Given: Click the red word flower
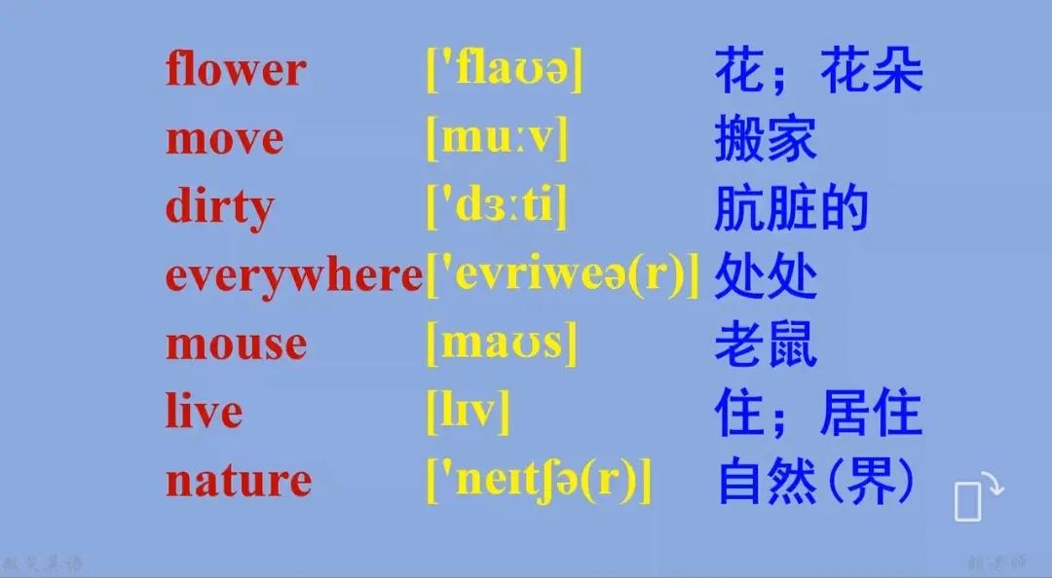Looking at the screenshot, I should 235,71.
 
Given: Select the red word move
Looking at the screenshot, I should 224,140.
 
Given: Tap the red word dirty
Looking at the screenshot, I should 219,208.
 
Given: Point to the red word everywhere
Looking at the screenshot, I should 293,277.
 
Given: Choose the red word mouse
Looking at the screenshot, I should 236,345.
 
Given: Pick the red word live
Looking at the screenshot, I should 204,413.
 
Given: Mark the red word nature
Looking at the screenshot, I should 238,481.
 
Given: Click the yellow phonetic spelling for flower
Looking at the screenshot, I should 505,71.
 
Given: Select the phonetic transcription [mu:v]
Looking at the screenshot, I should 497,140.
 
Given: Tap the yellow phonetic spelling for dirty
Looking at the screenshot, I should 497,208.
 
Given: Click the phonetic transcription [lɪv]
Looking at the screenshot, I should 469,414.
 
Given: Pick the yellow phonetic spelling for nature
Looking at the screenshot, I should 539,481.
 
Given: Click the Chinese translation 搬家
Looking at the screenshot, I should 765,140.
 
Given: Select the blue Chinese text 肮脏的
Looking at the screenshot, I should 790,208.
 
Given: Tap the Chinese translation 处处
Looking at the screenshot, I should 765,277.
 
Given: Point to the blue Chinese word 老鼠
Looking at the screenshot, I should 765,345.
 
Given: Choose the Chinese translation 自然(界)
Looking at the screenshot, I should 816,481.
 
